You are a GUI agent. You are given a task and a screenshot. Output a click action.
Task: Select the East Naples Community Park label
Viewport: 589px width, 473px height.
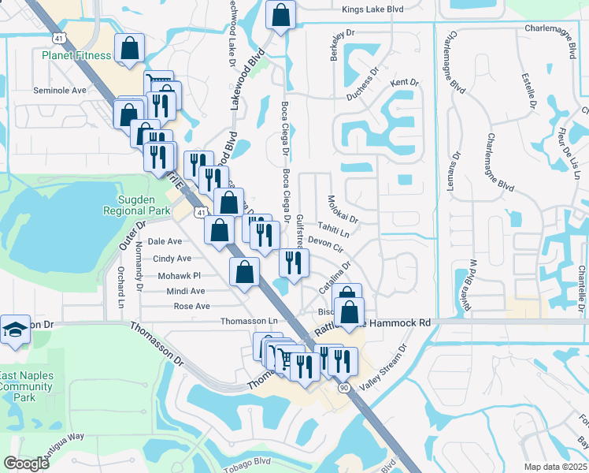pyautogui.click(x=27, y=386)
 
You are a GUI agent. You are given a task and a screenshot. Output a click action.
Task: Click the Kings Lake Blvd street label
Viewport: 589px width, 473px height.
pyautogui.click(x=372, y=9)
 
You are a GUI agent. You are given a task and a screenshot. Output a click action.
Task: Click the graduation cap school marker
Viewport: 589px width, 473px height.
pyautogui.click(x=14, y=331)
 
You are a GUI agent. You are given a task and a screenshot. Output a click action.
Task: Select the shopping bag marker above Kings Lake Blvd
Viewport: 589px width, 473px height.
pyautogui.click(x=280, y=14)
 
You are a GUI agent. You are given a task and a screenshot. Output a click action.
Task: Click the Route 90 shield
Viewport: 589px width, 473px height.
pyautogui.click(x=344, y=388)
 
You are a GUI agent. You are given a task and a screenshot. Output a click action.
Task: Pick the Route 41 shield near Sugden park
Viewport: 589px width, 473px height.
pyautogui.click(x=202, y=213)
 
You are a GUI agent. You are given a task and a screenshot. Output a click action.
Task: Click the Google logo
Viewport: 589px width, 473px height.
pyautogui.click(x=26, y=464)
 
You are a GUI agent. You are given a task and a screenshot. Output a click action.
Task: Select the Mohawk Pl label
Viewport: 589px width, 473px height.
pyautogui.click(x=180, y=276)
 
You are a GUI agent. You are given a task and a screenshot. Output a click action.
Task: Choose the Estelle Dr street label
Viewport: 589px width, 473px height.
pyautogui.click(x=528, y=92)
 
